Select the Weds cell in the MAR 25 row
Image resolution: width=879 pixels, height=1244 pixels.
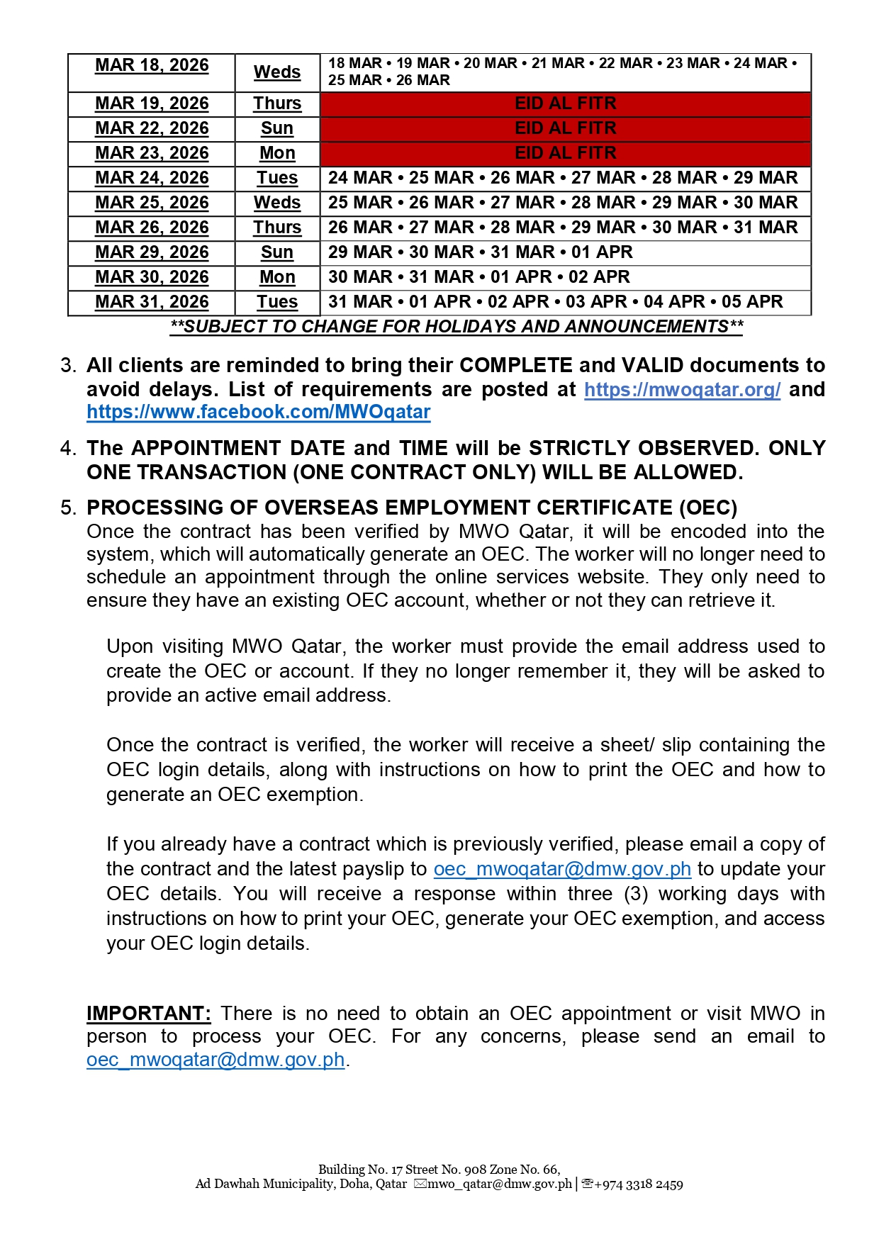click(277, 203)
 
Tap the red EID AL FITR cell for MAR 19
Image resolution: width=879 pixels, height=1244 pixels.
click(565, 103)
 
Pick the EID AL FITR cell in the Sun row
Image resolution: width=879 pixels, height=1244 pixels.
click(565, 128)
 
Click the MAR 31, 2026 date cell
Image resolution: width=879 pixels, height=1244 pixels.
click(152, 302)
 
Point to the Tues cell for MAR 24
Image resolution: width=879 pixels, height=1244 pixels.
click(277, 178)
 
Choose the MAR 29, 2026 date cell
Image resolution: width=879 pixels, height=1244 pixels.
click(152, 252)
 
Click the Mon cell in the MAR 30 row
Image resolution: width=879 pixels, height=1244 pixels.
click(277, 277)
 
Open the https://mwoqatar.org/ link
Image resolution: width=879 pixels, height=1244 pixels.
click(682, 389)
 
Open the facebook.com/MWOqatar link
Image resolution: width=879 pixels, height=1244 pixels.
click(258, 412)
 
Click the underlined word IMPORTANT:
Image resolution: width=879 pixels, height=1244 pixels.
click(149, 1013)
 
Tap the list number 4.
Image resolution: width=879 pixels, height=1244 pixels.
click(67, 448)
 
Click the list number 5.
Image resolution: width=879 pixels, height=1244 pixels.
click(67, 508)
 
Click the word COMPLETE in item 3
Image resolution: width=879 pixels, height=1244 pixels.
click(515, 365)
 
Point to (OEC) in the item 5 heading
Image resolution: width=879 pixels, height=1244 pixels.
click(707, 508)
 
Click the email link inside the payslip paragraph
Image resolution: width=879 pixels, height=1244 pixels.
click(562, 869)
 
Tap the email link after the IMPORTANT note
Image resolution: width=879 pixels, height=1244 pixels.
click(215, 1060)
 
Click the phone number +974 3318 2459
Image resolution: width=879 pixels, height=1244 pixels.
click(638, 1184)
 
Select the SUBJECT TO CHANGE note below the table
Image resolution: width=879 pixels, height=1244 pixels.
click(457, 327)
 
